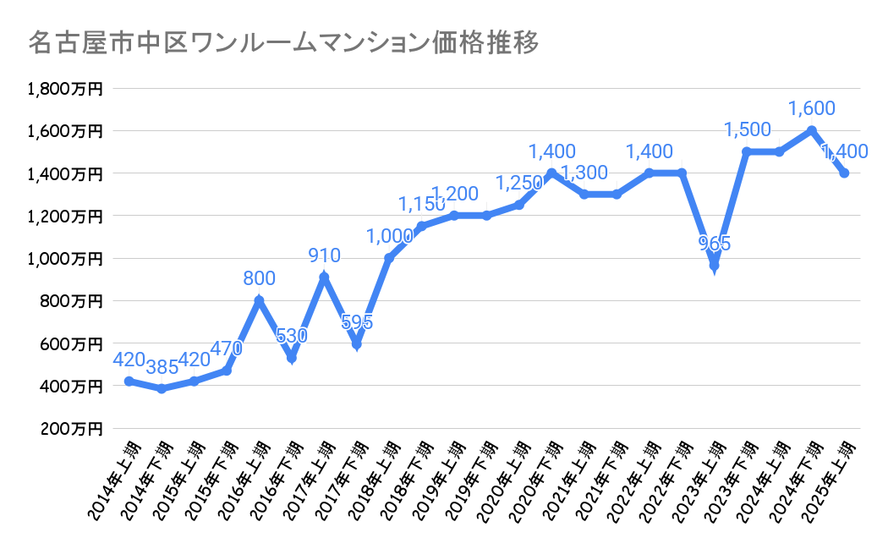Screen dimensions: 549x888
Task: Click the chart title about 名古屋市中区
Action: pos(283,43)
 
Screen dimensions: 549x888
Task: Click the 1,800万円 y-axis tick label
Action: pos(65,89)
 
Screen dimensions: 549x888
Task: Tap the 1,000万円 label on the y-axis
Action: pos(65,259)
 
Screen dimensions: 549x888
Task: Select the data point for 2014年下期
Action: pos(161,389)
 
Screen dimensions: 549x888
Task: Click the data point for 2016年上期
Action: pos(259,300)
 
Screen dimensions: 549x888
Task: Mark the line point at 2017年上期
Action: pos(324,277)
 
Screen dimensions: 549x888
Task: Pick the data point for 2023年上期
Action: pos(715,266)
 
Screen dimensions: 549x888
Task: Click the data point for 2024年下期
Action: pos(812,130)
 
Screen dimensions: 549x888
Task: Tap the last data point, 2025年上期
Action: pos(844,173)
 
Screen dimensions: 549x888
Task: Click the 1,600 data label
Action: pos(812,108)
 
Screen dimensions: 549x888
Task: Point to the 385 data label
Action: pos(161,367)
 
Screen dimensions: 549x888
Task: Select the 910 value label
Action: pos(324,255)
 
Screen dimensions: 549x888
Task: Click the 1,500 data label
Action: pos(747,129)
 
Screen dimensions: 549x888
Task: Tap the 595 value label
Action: pos(356,322)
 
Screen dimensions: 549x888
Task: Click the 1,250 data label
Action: pos(518,183)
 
